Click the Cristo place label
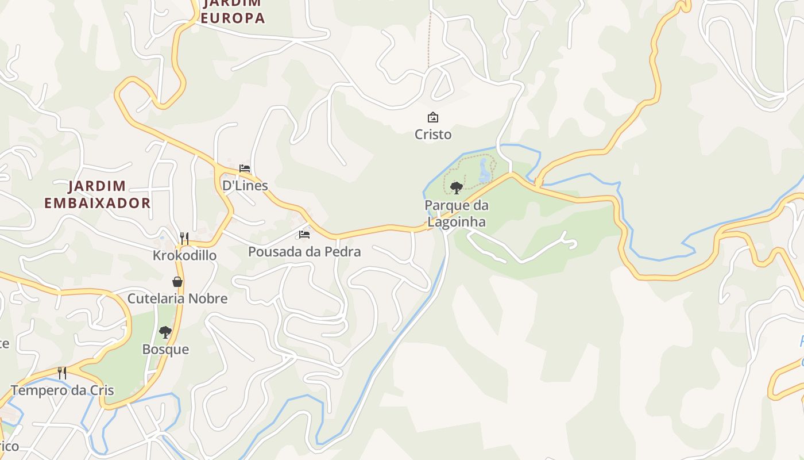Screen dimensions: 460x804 [x=433, y=135]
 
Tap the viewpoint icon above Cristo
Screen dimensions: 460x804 [x=433, y=118]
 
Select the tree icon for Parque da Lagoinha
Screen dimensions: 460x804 [x=457, y=187]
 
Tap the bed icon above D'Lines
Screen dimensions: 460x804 [x=245, y=168]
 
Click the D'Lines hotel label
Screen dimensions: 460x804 [x=245, y=185]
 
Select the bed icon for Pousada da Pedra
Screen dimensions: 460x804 [x=304, y=235]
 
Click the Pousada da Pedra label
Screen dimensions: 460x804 [x=304, y=251]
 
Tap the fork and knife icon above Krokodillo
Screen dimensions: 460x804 [x=184, y=238]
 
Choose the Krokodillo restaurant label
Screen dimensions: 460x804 [x=184, y=255]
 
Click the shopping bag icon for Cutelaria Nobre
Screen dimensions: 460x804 [x=177, y=282]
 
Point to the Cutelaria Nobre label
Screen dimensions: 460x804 [x=177, y=298]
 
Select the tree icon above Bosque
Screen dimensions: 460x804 [x=165, y=332]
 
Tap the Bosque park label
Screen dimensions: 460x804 [x=165, y=350]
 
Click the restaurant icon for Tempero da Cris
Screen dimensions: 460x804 [x=62, y=373]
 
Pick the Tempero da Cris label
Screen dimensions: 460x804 [x=62, y=390]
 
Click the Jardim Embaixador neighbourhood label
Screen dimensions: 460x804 [x=98, y=194]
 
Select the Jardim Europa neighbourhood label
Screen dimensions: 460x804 [x=233, y=10]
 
